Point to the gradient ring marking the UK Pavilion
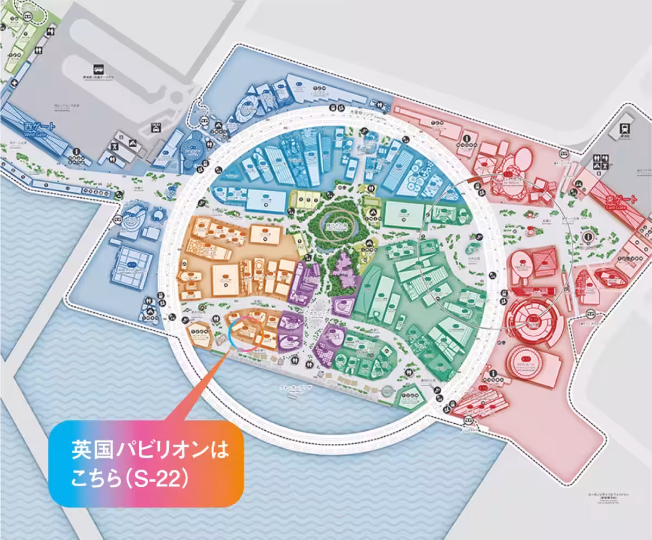pyautogui.click(x=246, y=334)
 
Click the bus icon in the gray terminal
pyautogui.click(x=98, y=69)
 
